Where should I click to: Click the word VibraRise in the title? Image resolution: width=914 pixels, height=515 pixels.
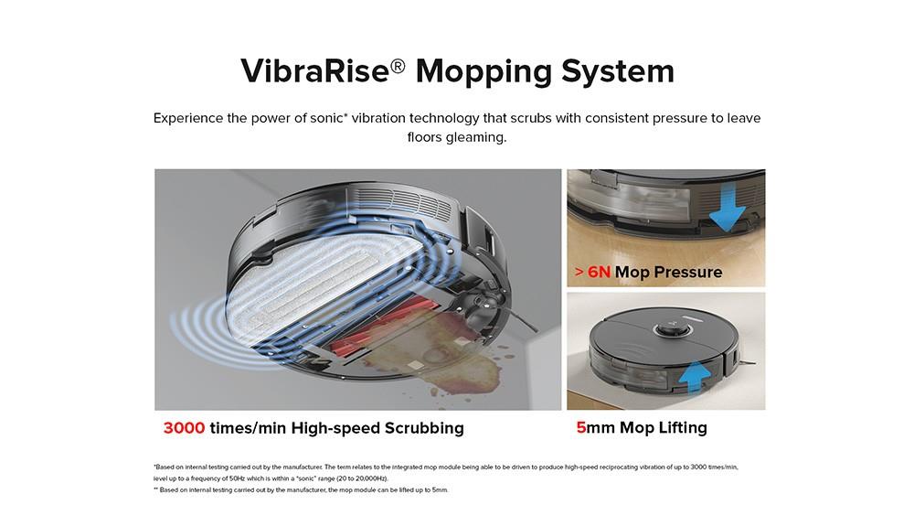314,71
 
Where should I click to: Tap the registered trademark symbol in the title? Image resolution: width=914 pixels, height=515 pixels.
398,62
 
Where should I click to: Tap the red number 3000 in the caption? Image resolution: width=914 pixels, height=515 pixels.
184,428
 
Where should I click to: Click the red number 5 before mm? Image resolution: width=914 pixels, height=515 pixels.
581,427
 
